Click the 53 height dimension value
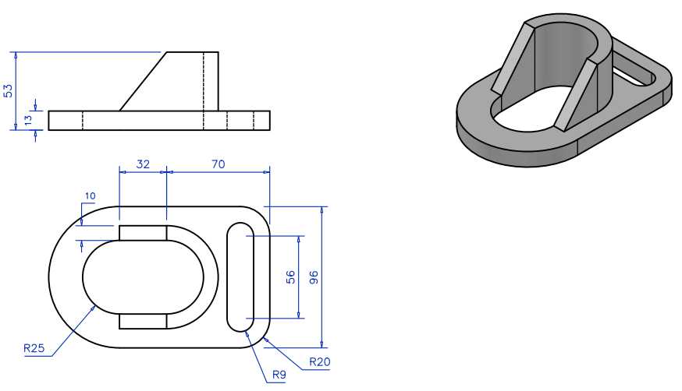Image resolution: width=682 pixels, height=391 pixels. click(9, 90)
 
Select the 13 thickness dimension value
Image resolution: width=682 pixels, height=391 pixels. click(28, 120)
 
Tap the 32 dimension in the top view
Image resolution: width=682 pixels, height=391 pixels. click(142, 164)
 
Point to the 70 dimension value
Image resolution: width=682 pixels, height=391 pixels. click(218, 164)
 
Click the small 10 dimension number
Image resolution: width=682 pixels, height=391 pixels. click(91, 195)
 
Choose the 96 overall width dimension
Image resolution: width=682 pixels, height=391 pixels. click(314, 277)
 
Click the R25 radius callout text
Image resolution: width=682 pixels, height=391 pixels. click(34, 348)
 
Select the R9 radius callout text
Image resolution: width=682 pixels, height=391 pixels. click(279, 375)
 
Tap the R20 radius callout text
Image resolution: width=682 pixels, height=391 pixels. click(320, 361)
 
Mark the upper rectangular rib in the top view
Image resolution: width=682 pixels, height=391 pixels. click(143, 233)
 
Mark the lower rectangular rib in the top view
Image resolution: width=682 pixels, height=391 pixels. click(143, 322)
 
